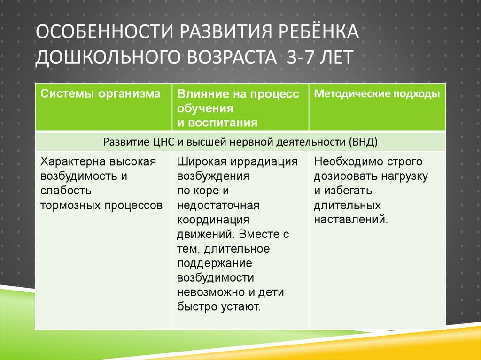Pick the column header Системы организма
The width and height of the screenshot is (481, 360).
coord(100,94)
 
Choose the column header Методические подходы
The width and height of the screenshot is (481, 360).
coord(377,94)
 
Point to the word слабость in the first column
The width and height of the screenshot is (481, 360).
coord(66,191)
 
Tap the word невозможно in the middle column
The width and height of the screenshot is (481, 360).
coord(211,292)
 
